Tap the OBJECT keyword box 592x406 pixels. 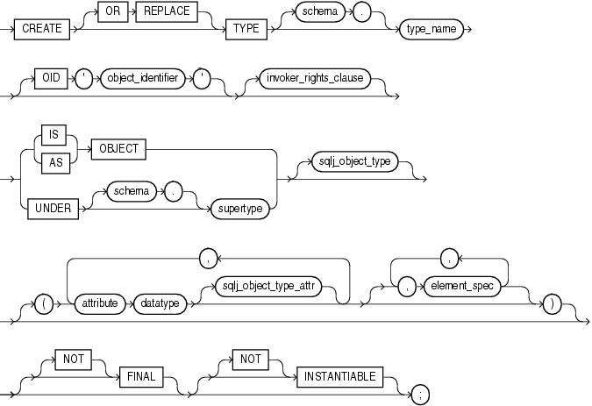(x=116, y=148)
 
